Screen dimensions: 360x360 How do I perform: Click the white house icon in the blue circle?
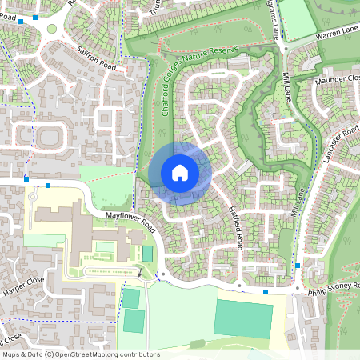180,173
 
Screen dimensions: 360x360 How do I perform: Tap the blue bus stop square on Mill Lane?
298,265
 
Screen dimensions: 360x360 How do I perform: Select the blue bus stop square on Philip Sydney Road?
266,292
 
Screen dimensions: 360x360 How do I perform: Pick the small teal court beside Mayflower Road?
147,254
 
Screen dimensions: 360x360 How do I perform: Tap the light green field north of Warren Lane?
298,20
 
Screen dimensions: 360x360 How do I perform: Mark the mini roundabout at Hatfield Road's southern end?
238,286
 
